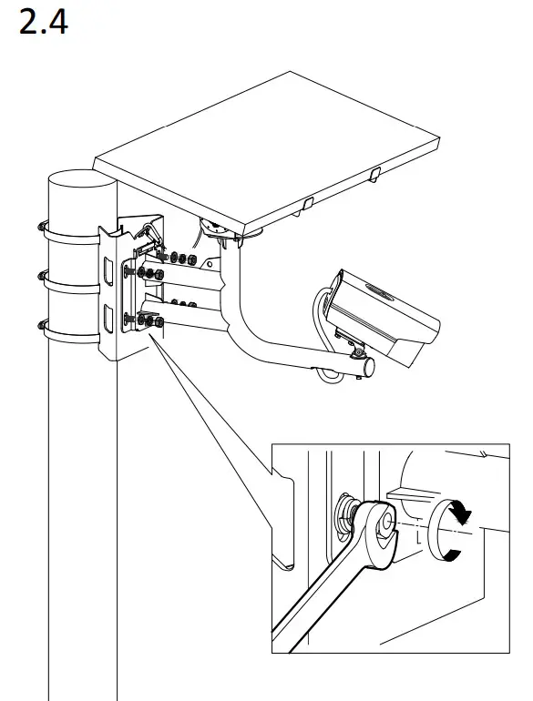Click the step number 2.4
click(x=43, y=22)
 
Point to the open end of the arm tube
click(x=370, y=365)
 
